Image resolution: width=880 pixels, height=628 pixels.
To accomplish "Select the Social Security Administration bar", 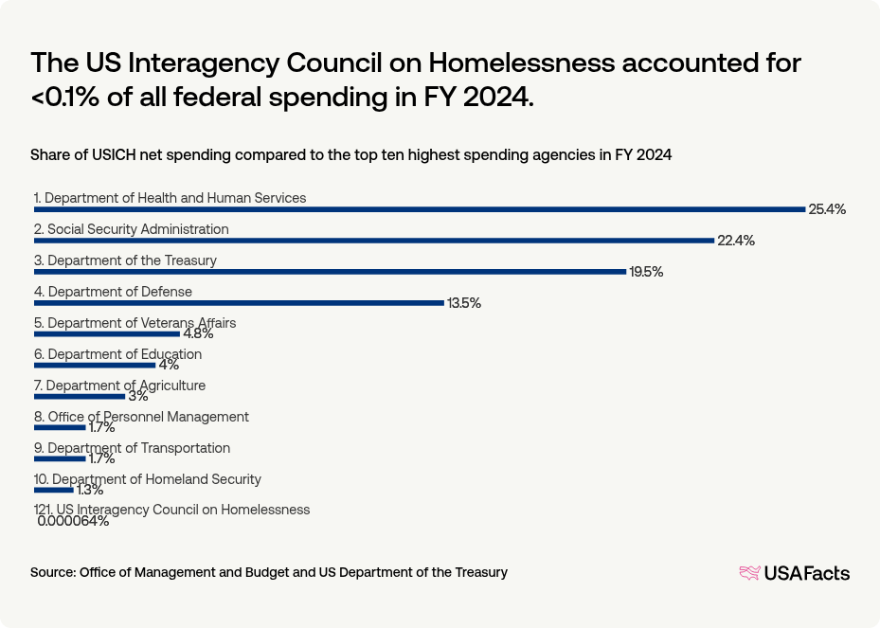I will (x=373, y=241).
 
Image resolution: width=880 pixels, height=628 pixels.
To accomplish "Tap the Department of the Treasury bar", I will (x=330, y=272).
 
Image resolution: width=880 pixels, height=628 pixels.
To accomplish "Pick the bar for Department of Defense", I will (x=239, y=303).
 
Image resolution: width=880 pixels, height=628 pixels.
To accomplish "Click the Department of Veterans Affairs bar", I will (x=106, y=333).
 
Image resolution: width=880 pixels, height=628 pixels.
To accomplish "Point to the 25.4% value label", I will (x=826, y=209).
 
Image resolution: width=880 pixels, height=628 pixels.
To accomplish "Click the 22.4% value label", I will (x=735, y=241).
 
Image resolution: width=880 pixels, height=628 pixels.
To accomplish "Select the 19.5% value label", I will (x=646, y=272).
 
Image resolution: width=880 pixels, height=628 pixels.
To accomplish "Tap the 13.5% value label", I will (x=464, y=303).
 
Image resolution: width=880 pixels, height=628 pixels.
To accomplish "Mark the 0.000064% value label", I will (x=73, y=521).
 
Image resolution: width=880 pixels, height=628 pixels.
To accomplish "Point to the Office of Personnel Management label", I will (x=148, y=417).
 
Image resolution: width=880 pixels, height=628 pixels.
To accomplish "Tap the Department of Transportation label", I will (x=138, y=448).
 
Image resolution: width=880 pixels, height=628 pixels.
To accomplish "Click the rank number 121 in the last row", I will (x=43, y=510).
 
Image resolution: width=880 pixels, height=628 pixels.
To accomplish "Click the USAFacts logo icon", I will (x=749, y=572).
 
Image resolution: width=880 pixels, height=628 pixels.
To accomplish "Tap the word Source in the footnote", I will (x=52, y=572).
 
